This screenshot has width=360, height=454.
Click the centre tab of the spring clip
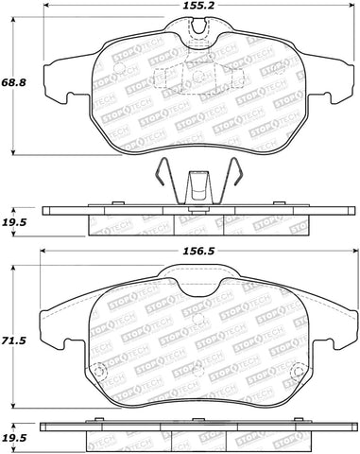tap(198, 182)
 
